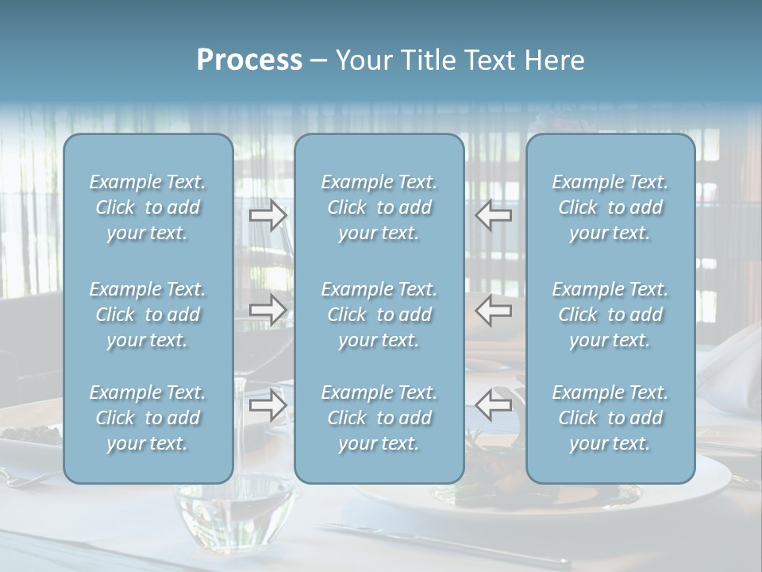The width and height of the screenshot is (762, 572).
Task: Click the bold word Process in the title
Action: tap(249, 60)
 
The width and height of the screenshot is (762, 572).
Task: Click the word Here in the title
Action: tap(554, 60)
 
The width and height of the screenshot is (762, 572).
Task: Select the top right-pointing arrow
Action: tap(267, 215)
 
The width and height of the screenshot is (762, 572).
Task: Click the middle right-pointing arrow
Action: tap(267, 310)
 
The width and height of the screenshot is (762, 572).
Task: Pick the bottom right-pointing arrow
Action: tap(267, 405)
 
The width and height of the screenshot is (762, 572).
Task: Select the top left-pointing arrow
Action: tap(494, 215)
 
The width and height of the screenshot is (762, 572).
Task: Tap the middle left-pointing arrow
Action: tap(494, 310)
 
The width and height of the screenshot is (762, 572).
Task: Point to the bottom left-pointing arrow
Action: tap(494, 405)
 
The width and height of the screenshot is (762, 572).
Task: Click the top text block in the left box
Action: tap(148, 207)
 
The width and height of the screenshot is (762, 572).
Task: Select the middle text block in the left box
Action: tap(148, 315)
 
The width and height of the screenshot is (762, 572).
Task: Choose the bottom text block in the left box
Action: tap(148, 418)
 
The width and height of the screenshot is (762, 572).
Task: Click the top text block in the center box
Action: tap(379, 207)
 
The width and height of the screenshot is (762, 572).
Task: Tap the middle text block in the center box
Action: tap(379, 315)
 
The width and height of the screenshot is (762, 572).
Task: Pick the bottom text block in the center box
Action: tap(379, 418)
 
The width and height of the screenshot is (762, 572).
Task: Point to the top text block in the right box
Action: tap(610, 207)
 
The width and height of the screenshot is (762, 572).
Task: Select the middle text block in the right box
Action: tap(610, 315)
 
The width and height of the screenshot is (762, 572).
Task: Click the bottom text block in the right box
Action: tap(610, 418)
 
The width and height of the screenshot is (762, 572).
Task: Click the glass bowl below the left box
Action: tap(230, 508)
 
